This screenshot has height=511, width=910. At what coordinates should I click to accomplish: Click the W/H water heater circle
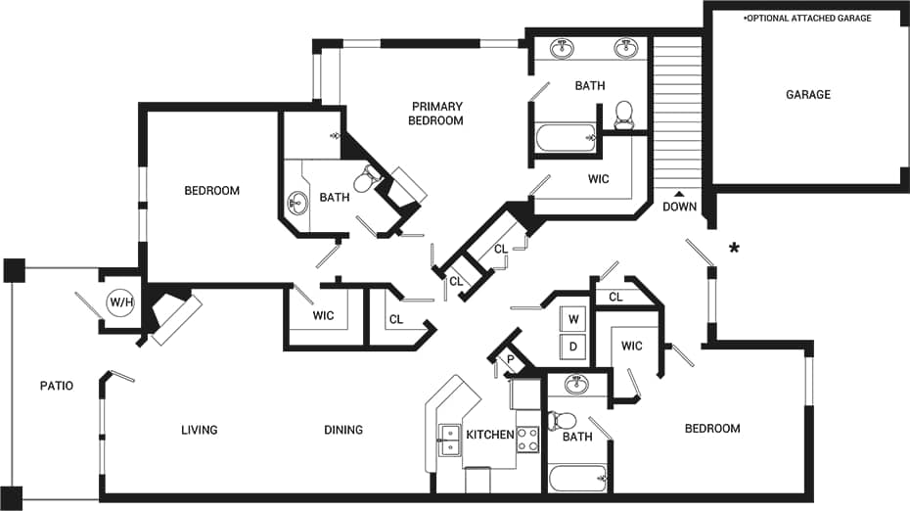pos(121,302)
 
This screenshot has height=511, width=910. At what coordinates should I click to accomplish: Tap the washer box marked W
pos(573,319)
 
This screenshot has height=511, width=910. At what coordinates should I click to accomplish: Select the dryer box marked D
pos(573,346)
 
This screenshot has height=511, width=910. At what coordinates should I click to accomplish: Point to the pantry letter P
pos(510,360)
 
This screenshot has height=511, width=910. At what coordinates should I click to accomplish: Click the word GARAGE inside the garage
pos(808,95)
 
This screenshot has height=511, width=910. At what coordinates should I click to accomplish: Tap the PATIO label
pos(57,386)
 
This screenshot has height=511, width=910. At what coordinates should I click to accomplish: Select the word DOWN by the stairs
pos(679,207)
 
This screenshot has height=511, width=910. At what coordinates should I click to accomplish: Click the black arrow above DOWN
pos(679,192)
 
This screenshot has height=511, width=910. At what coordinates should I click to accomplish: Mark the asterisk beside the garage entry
pos(733,250)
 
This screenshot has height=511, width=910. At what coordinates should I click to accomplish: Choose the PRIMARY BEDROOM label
pos(436,114)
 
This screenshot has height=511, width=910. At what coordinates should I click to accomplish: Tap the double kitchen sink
pos(449,440)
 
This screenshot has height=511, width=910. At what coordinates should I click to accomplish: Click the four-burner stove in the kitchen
pos(527,440)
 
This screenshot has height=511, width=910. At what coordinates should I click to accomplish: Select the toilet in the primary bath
pos(623,115)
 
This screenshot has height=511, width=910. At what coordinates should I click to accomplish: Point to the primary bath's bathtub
pos(566,138)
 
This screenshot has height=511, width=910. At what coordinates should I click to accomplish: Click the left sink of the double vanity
pos(563,48)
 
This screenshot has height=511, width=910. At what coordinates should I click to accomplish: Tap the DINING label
pos(343,430)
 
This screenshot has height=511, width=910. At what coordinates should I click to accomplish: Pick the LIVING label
pos(199,430)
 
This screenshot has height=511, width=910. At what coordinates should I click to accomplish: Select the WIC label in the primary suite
pos(599,179)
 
